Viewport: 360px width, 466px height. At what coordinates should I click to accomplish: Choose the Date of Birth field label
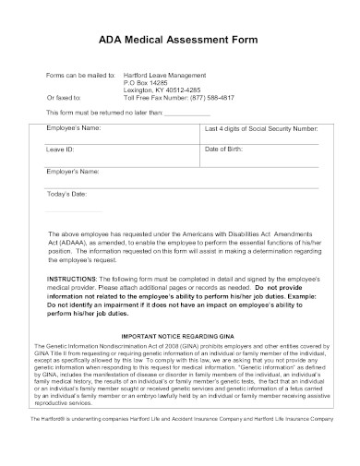[226, 149]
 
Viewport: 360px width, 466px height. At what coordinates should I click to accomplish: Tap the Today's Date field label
[66, 195]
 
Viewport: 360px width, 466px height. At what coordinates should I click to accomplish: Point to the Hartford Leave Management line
[165, 74]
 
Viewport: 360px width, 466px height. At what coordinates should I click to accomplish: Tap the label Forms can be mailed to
[80, 74]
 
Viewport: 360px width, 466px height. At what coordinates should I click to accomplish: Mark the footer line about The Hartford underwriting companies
[180, 444]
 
